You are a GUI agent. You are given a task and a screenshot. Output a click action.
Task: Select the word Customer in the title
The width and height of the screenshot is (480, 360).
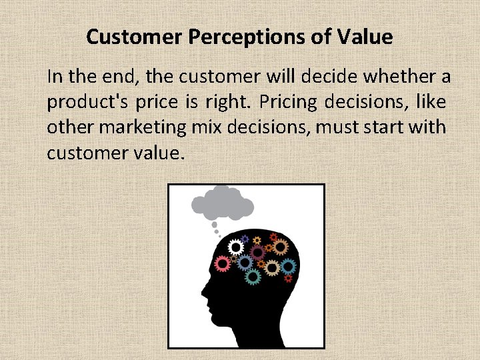[x=133, y=37]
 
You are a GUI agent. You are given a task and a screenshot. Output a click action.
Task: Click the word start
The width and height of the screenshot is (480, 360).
[x=385, y=127]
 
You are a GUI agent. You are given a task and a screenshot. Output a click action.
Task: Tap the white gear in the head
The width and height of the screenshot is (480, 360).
[x=235, y=247]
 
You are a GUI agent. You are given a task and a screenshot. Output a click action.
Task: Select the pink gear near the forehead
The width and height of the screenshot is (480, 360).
[x=223, y=264]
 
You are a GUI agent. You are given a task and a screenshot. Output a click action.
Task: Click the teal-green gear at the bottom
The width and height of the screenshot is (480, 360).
[x=253, y=276]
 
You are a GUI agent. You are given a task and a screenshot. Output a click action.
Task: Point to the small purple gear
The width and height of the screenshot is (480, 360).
[x=245, y=239]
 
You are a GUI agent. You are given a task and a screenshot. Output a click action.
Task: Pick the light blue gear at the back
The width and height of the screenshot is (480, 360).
[x=288, y=266]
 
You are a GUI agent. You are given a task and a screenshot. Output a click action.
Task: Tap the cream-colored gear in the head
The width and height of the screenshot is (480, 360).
[x=272, y=267]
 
